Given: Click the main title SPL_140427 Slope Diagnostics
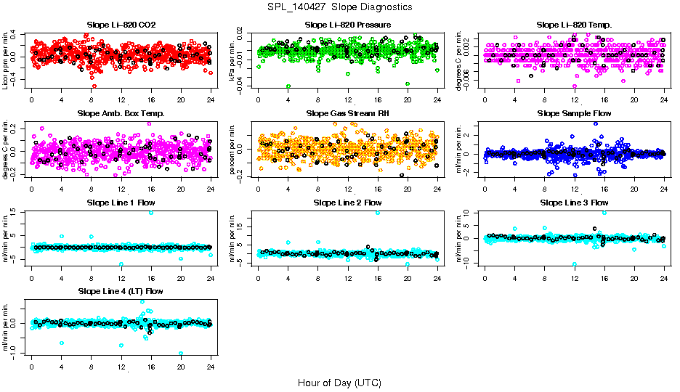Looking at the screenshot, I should [x=339, y=7].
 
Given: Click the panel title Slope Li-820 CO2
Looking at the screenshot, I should [x=121, y=25].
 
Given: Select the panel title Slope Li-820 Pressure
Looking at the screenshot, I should [x=348, y=25].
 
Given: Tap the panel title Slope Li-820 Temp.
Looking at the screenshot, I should [x=574, y=25].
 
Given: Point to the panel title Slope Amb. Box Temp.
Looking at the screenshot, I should [x=121, y=113].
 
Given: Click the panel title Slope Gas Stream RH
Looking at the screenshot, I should [x=348, y=113].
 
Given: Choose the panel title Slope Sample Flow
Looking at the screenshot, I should [x=574, y=113].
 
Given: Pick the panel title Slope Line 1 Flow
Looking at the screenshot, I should [x=121, y=203].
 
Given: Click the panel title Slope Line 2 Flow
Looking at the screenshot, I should [x=348, y=203].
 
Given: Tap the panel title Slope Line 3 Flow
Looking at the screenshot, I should [x=574, y=203].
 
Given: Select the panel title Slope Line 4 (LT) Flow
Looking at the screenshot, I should [x=121, y=291].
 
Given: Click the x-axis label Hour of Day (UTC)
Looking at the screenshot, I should [x=339, y=382].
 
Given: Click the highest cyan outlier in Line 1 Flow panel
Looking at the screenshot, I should [x=151, y=212].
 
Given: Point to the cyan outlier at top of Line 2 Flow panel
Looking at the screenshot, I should [x=378, y=213].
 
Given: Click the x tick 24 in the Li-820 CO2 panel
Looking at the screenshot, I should [x=211, y=99].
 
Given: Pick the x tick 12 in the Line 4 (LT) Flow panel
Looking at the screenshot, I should [x=121, y=366].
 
